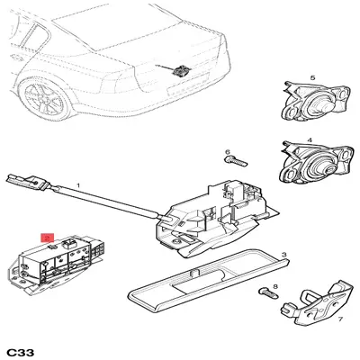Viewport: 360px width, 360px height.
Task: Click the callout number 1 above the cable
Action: pyautogui.click(x=78, y=185)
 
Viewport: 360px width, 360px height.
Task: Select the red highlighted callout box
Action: pyautogui.click(x=48, y=238)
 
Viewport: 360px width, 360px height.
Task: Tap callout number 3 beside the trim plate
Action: pyautogui.click(x=284, y=255)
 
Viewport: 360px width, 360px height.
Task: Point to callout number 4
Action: pyautogui.click(x=310, y=139)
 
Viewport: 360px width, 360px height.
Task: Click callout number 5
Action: pyautogui.click(x=313, y=78)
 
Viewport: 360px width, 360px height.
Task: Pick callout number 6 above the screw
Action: pyautogui.click(x=228, y=152)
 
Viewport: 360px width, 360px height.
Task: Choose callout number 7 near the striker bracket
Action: pyautogui.click(x=340, y=319)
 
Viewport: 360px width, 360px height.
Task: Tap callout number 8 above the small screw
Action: pyautogui.click(x=275, y=287)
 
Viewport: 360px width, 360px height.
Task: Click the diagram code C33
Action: pyautogui.click(x=21, y=352)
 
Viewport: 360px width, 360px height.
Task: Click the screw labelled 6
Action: pyautogui.click(x=236, y=160)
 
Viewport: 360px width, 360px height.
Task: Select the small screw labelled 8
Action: pyautogui.click(x=269, y=292)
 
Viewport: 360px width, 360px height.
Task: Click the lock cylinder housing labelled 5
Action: pyautogui.click(x=316, y=102)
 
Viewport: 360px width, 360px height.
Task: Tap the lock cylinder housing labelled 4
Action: pyautogui.click(x=316, y=163)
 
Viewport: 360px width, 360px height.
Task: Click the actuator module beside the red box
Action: pyautogui.click(x=57, y=264)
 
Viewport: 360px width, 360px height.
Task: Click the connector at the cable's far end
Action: pyautogui.click(x=26, y=183)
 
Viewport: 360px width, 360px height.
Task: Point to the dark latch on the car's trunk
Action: pyautogui.click(x=181, y=71)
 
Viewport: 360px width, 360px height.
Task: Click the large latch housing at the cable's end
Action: pyautogui.click(x=216, y=219)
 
